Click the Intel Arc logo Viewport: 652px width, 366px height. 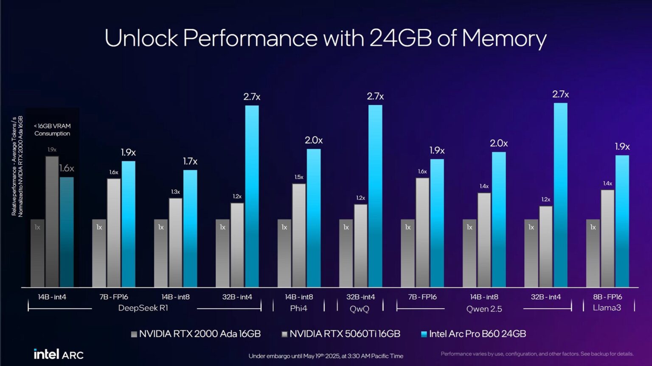pos(59,354)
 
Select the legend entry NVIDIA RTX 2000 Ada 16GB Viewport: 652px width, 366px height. pos(196,334)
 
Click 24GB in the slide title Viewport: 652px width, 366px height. pos(400,38)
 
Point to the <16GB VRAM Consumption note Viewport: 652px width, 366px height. pos(52,130)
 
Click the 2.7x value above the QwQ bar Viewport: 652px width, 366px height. pos(375,97)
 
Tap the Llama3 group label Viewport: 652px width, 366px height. pos(607,308)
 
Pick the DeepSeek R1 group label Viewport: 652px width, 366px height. pos(143,308)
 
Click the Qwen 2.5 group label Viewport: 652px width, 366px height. pos(484,309)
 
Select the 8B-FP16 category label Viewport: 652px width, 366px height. pos(607,297)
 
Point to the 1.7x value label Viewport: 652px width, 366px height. pos(190,161)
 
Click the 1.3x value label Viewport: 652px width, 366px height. pos(175,192)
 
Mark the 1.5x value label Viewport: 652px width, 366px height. pos(299,177)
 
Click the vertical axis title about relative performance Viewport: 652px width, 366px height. pos(17,166)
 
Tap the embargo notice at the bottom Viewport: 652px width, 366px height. pos(326,356)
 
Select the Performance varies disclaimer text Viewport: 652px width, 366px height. pos(537,354)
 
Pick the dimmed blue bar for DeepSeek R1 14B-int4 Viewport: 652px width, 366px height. pos(67,232)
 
